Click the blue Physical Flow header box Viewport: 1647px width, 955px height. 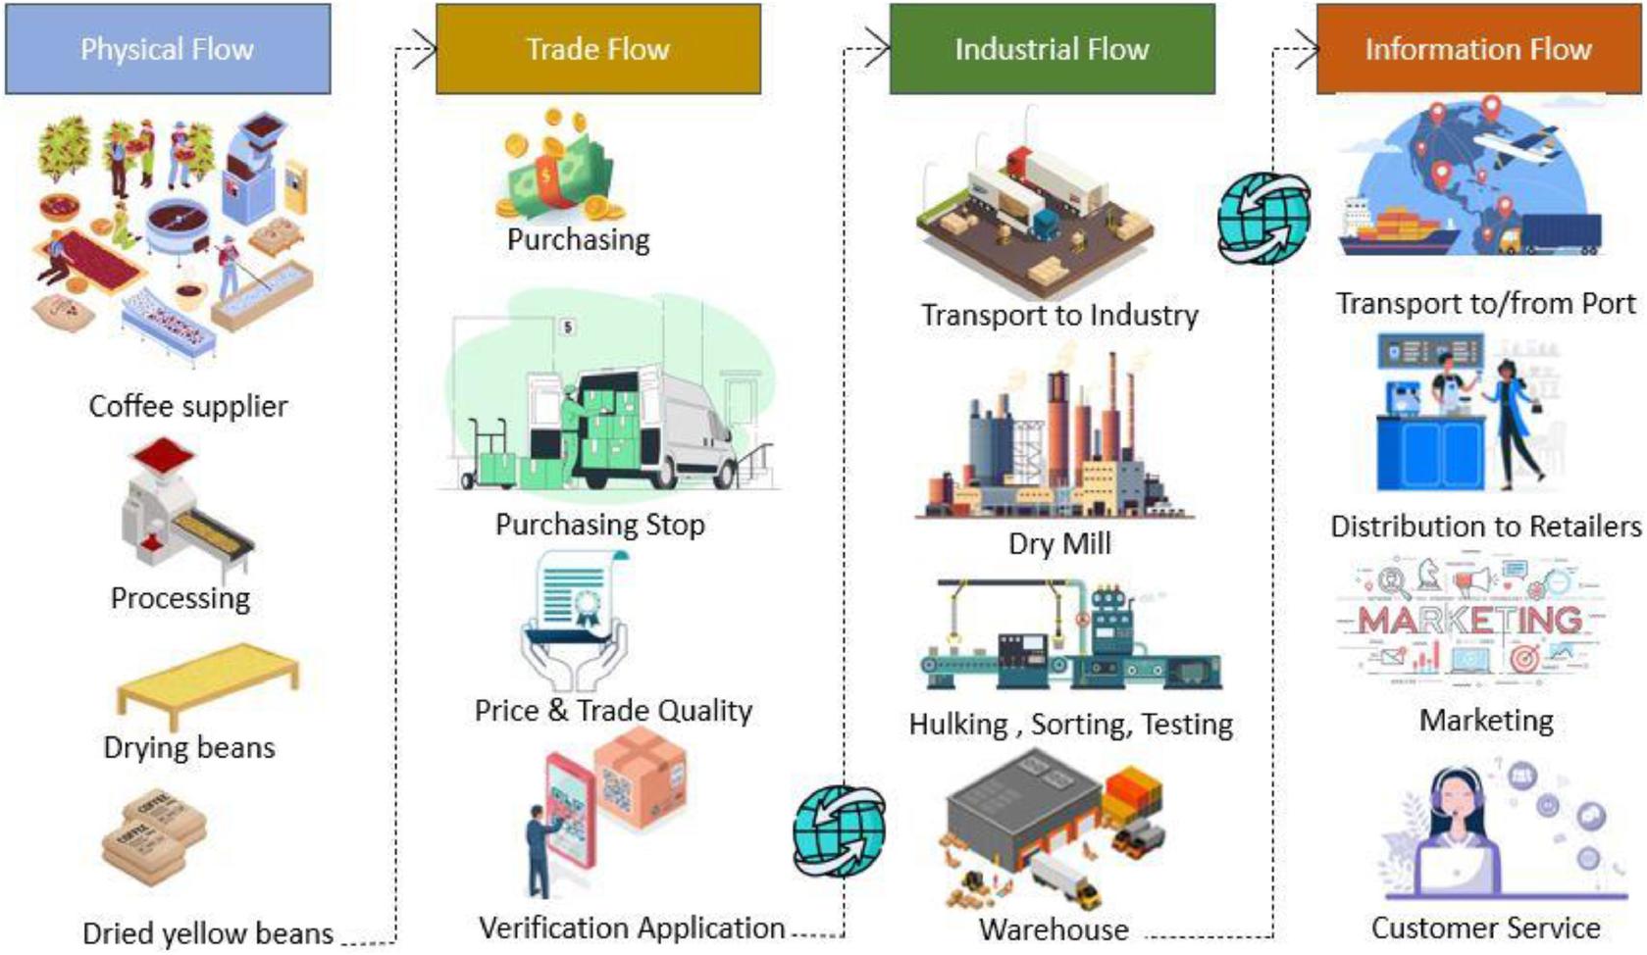coord(168,49)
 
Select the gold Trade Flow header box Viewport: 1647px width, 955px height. coord(597,49)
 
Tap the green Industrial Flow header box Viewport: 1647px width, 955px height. coord(1052,49)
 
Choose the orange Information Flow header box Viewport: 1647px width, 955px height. coord(1477,49)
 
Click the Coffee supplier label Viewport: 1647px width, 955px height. coord(188,406)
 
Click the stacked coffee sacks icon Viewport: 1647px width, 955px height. coord(154,838)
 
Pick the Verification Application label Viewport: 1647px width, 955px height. coord(632,928)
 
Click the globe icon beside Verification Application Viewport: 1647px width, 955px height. coord(839,830)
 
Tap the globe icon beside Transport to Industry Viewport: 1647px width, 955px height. coord(1263,218)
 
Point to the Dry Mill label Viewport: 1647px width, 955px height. coord(1059,543)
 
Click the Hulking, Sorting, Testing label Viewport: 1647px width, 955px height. coord(1070,725)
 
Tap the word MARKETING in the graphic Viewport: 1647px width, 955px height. coord(1469,620)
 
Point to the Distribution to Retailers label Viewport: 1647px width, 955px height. coord(1485,527)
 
